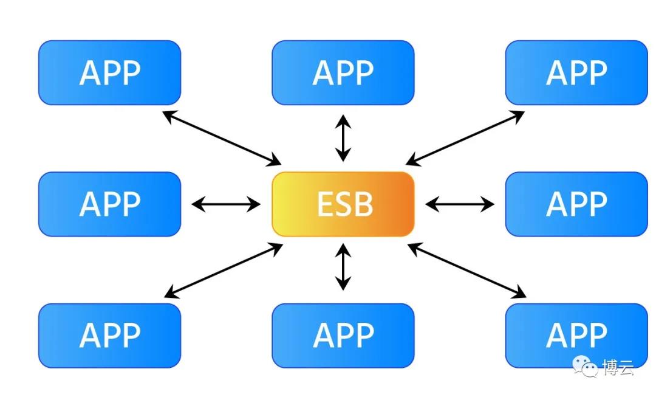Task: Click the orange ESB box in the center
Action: click(343, 204)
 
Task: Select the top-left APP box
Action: click(109, 72)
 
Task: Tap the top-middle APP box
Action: click(343, 72)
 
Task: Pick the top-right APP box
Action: click(576, 72)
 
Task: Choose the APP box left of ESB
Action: click(109, 204)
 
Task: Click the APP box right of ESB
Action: click(576, 204)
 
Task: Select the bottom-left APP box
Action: click(109, 336)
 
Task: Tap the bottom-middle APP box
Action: click(343, 336)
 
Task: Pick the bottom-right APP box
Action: click(576, 336)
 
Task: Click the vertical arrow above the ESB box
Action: click(343, 138)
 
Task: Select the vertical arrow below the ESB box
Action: click(343, 267)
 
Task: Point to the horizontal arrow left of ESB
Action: click(226, 204)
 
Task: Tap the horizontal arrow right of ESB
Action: click(460, 204)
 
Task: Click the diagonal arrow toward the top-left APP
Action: click(222, 138)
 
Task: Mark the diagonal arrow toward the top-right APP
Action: click(465, 138)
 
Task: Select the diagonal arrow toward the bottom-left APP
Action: click(224, 271)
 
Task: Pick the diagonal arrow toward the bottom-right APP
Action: click(466, 271)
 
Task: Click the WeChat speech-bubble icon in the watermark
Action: click(586, 367)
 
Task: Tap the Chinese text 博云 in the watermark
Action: click(618, 367)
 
